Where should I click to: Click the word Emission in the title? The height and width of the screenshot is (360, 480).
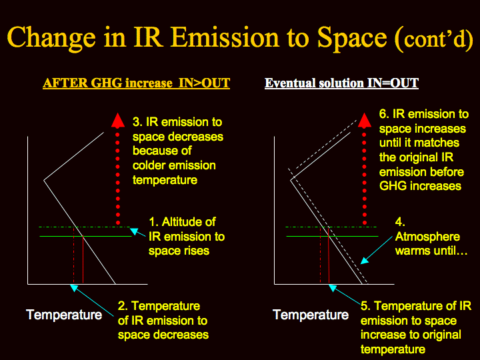click(x=225, y=37)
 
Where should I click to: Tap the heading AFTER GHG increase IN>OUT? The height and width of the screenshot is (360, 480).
click(x=136, y=83)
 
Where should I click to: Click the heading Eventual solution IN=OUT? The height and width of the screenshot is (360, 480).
click(x=341, y=83)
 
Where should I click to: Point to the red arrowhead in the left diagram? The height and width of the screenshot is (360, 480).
click(x=118, y=120)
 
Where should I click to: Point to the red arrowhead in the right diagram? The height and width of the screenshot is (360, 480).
click(x=364, y=120)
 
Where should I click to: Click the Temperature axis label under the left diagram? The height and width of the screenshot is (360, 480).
click(x=64, y=315)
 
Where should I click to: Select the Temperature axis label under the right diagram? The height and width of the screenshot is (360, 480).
click(x=311, y=315)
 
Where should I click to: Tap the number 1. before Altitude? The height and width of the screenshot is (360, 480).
click(x=153, y=222)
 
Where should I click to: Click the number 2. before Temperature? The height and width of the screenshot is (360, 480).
click(x=123, y=306)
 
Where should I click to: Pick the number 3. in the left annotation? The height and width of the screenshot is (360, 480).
click(x=137, y=122)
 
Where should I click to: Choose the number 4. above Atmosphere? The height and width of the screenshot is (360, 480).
click(x=400, y=222)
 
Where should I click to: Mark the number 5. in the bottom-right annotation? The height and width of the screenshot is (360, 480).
click(x=365, y=306)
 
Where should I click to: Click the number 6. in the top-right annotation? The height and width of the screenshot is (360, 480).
click(x=384, y=114)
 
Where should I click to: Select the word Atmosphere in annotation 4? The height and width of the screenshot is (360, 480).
click(x=427, y=237)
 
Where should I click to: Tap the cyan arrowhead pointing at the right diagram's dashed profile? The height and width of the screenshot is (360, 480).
click(x=364, y=261)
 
